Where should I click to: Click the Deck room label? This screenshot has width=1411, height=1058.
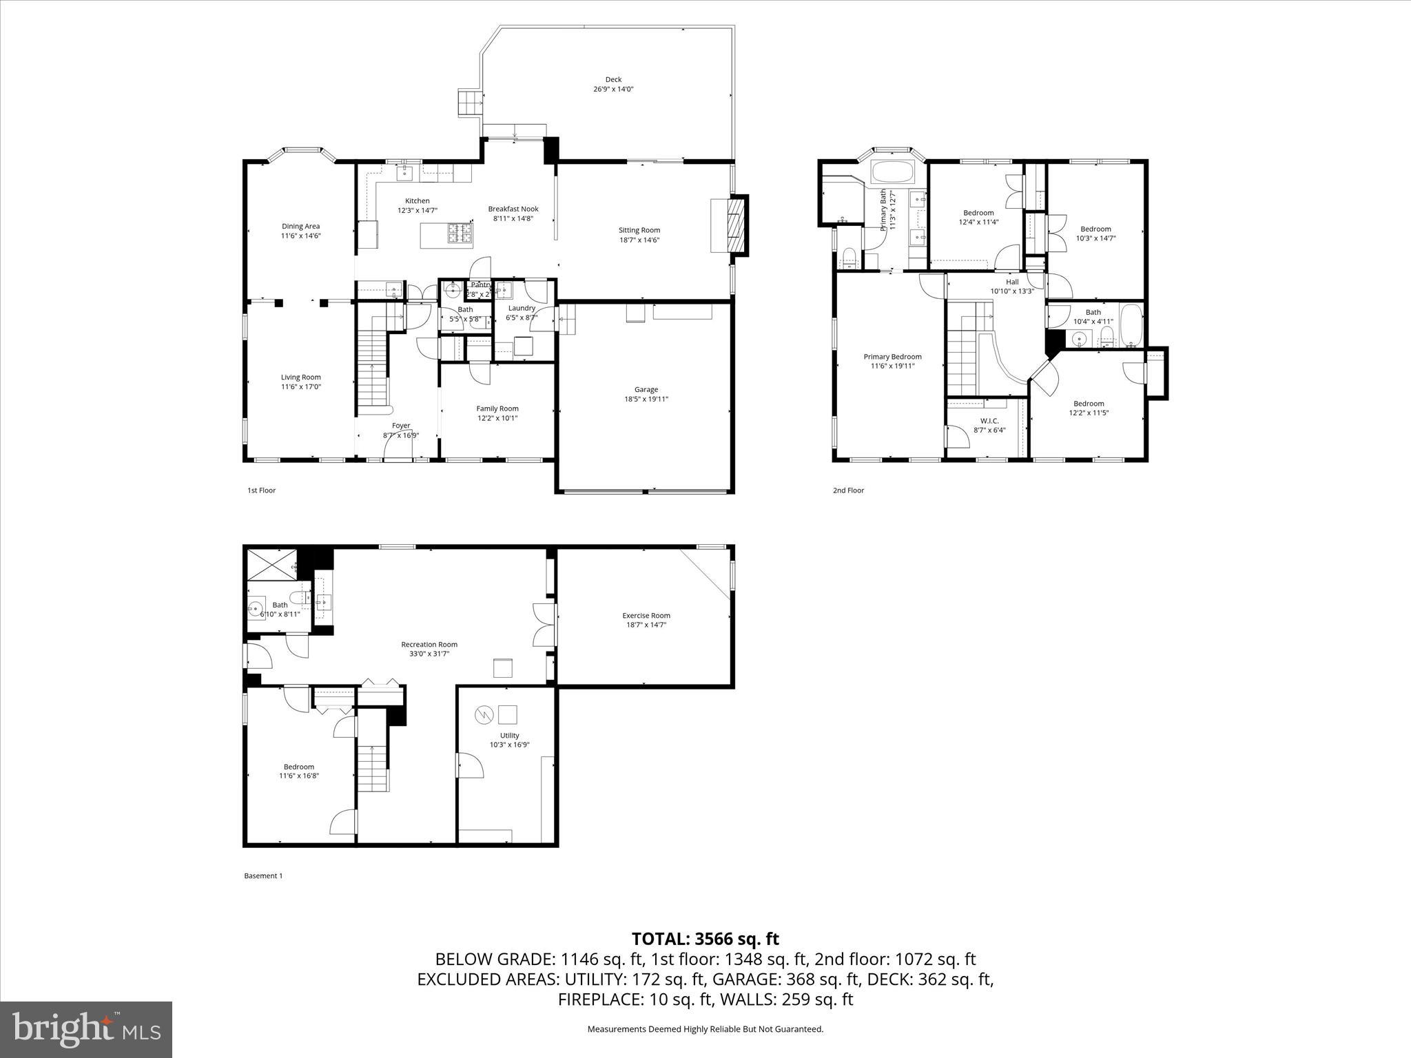(612, 80)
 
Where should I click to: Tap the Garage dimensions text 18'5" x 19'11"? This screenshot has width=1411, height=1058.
(646, 399)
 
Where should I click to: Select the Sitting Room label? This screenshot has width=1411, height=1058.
(639, 230)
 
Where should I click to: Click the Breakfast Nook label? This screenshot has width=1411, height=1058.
(513, 209)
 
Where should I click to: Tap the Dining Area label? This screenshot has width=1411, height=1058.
(300, 226)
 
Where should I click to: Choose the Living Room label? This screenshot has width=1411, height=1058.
(300, 377)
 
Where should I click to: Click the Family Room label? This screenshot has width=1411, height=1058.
(497, 408)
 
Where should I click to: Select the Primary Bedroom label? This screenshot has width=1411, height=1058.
(892, 357)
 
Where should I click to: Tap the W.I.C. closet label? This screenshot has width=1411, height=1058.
(989, 420)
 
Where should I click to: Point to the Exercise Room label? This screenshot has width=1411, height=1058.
(646, 615)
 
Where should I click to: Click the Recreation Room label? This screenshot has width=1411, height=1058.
(429, 644)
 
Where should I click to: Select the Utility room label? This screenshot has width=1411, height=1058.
(509, 735)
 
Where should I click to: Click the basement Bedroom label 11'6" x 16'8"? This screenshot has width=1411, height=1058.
(298, 776)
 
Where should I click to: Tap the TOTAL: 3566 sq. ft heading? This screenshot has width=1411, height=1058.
(705, 939)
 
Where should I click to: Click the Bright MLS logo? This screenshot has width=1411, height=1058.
(86, 1030)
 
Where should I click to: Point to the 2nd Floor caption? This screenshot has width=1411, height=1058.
(848, 490)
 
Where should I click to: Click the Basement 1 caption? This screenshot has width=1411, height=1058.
(263, 875)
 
